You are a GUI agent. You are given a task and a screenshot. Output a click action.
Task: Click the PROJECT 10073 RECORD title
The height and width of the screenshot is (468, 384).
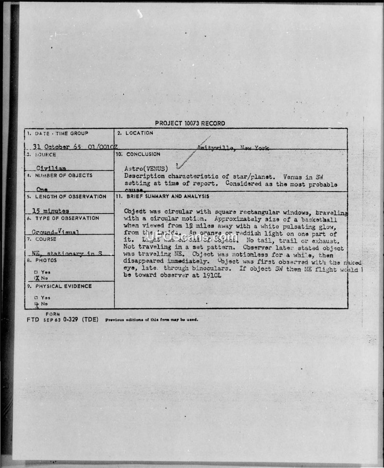point(190,123)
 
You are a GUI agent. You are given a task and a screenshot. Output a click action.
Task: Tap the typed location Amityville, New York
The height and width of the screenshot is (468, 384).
point(232,148)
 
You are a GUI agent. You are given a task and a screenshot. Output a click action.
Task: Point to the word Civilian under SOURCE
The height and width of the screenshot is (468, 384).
point(51,169)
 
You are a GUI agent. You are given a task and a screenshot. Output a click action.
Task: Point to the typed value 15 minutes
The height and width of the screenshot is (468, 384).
point(50,210)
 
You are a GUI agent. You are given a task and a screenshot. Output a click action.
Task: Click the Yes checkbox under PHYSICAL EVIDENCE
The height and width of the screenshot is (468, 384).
point(36,297)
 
